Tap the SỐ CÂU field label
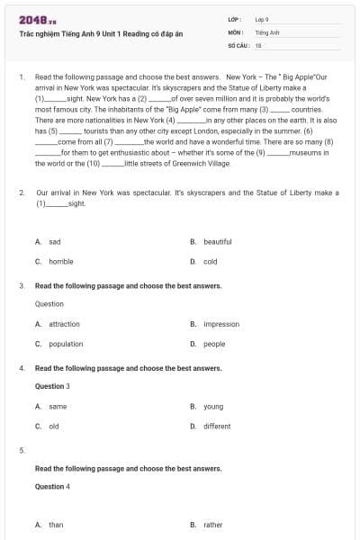[238, 44]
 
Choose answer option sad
[55, 242]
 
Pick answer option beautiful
[217, 242]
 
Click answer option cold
[210, 262]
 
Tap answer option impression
[220, 324]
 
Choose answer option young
[212, 407]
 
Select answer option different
[217, 427]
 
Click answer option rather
[212, 525]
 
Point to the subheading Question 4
[50, 487]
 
